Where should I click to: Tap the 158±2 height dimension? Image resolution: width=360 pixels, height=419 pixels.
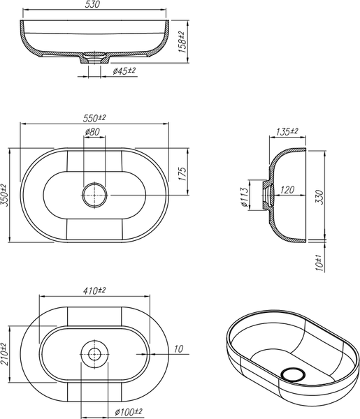(x=182, y=42)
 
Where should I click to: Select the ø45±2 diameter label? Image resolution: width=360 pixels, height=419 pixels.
(x=124, y=71)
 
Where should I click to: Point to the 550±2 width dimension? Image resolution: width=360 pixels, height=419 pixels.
(x=94, y=118)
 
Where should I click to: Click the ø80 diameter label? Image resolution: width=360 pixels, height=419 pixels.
(x=92, y=132)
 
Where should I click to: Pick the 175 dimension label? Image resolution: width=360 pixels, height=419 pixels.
(x=182, y=174)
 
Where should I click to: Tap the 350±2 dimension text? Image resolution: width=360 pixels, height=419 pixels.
(x=5, y=195)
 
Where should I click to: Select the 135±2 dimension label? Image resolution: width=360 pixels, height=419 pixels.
(x=287, y=131)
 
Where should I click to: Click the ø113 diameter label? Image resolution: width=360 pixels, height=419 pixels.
(x=245, y=197)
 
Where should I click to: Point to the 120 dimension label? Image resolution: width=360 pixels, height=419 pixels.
(x=287, y=190)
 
